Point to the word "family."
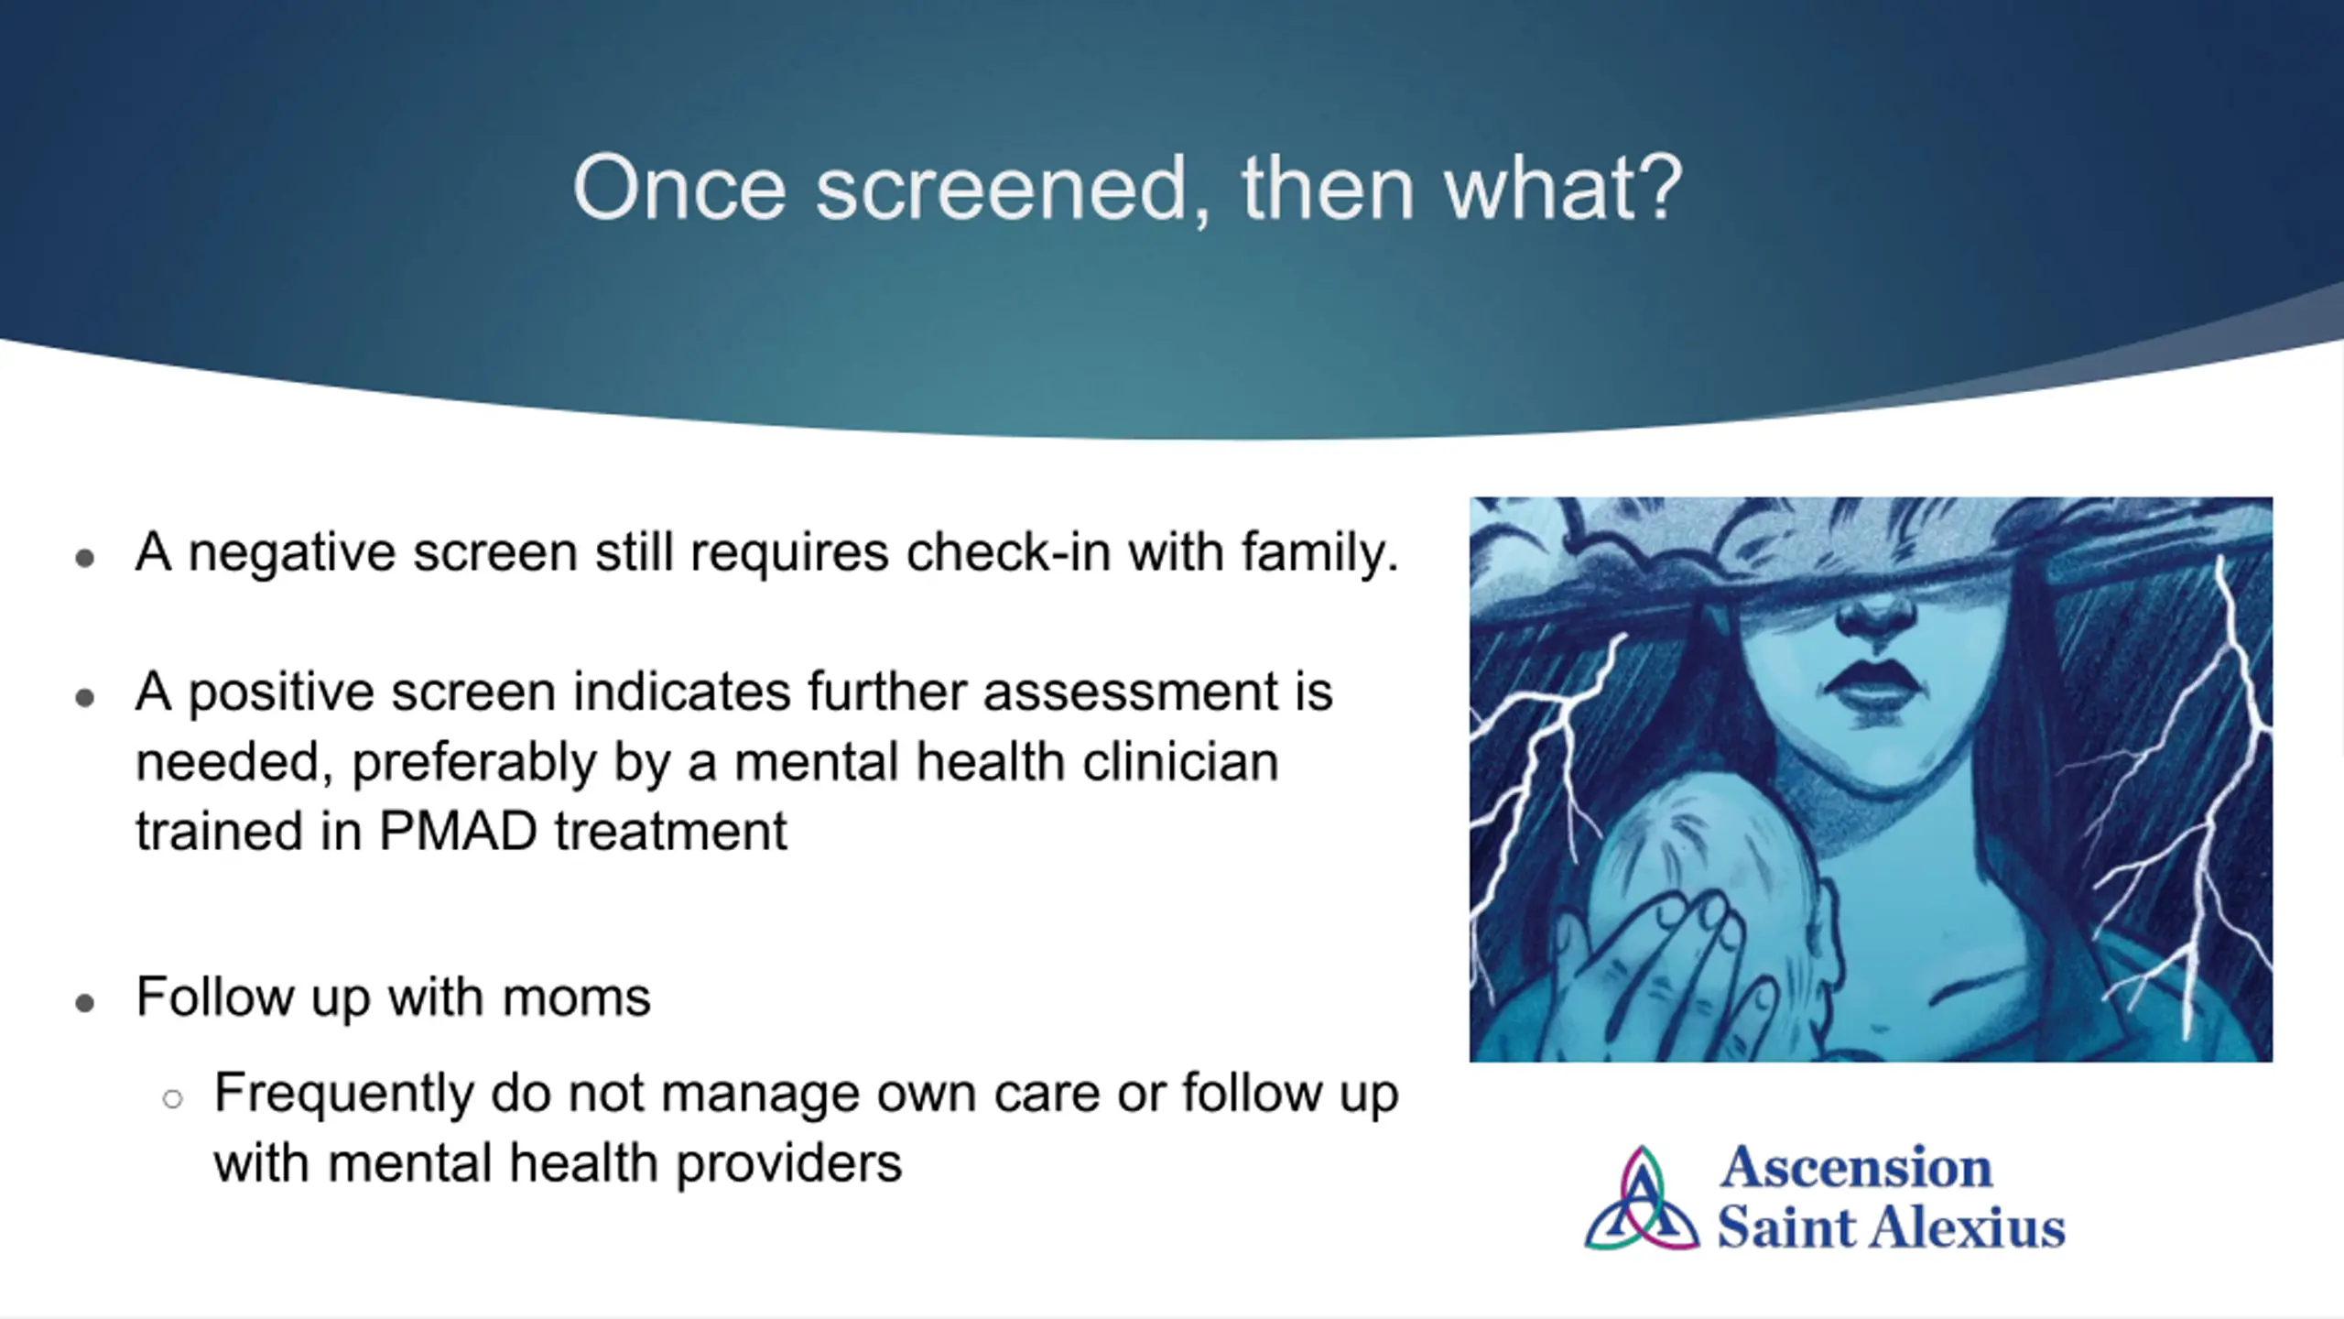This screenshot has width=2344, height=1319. (x=1320, y=552)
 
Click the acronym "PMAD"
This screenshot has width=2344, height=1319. (x=458, y=832)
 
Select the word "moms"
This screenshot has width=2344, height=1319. (x=577, y=997)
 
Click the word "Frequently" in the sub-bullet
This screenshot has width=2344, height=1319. (x=343, y=1096)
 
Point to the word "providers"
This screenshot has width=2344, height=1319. (x=788, y=1165)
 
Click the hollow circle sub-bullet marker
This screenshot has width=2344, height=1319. (x=172, y=1098)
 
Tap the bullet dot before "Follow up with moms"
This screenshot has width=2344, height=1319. (x=85, y=1004)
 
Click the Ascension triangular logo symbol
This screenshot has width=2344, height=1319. (x=1642, y=1199)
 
